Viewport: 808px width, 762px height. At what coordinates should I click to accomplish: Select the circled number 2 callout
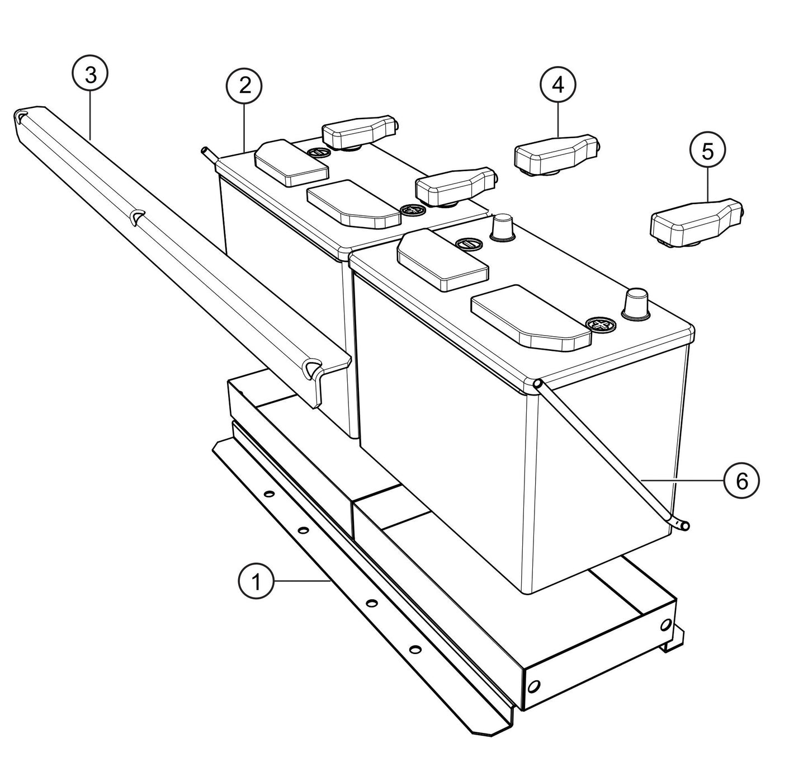click(244, 86)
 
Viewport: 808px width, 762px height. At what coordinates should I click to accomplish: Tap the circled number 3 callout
click(89, 74)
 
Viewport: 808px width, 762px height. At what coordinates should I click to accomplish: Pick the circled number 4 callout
click(557, 85)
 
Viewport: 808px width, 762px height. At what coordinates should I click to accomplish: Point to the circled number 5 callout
click(707, 152)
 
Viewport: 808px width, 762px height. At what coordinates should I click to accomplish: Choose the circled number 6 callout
click(741, 481)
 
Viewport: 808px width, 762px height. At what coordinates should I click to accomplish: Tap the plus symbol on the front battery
click(600, 324)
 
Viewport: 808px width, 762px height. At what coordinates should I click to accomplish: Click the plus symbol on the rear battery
click(412, 210)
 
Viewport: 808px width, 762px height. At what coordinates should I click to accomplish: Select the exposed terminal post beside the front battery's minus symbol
click(501, 227)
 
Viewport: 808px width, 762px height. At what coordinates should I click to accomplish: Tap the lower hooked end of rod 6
click(683, 524)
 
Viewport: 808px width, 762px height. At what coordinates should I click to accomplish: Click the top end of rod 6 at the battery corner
click(538, 383)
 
